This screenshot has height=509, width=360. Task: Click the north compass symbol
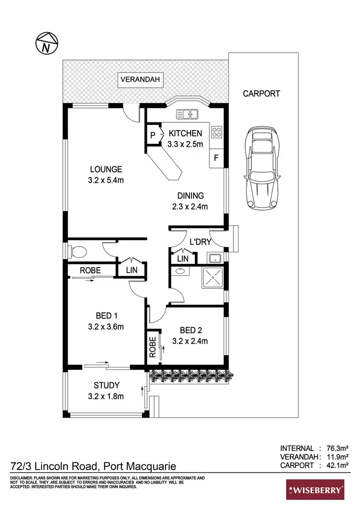(x=46, y=44)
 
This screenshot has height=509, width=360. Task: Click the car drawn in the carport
(x=262, y=167)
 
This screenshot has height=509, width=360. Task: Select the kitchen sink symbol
(x=188, y=114)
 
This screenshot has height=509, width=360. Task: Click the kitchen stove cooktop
(x=217, y=131)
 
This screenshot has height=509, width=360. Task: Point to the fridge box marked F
(x=216, y=158)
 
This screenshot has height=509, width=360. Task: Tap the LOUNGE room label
(x=106, y=169)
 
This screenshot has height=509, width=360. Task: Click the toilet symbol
(x=76, y=250)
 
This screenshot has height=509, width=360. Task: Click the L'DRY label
(x=200, y=242)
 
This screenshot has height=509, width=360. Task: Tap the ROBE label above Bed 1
(x=90, y=271)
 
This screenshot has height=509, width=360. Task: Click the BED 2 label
(x=190, y=330)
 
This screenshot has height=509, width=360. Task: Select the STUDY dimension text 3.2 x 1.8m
(x=107, y=396)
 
